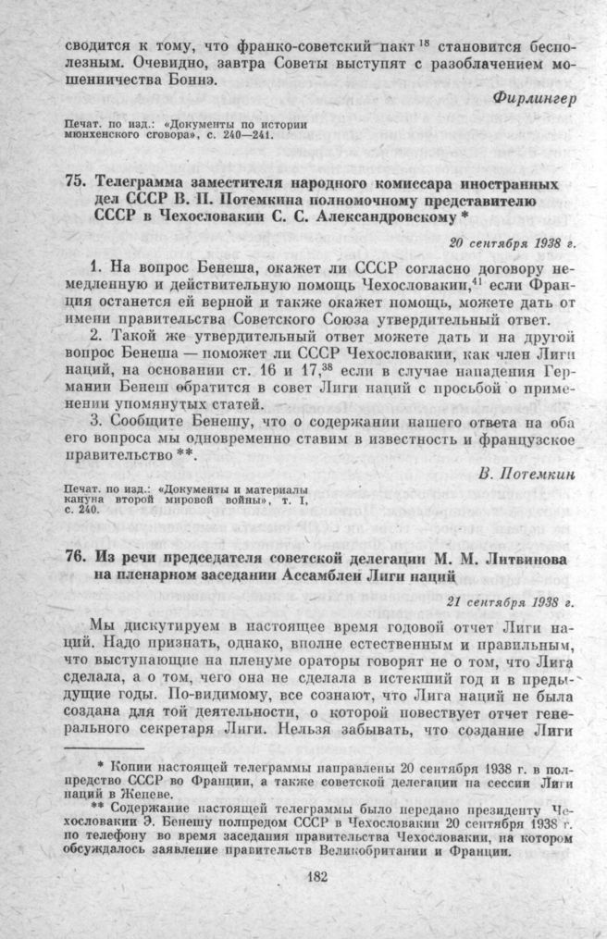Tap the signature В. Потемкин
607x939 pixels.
(530, 473)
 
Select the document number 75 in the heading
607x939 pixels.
(77, 181)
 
